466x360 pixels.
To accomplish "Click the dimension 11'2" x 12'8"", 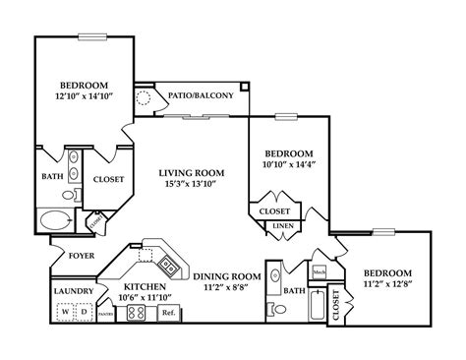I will (387, 285).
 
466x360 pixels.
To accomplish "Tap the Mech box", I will (320, 272).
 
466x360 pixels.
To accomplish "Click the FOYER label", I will (81, 256).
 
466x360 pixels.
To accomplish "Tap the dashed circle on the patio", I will (146, 97).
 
